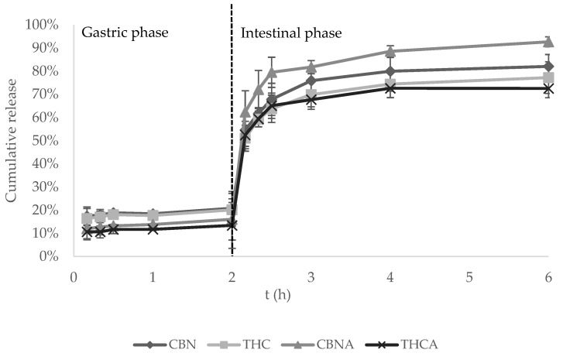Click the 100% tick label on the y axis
[39, 25]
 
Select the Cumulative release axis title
[12, 140]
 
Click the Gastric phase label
[125, 33]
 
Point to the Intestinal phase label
[291, 33]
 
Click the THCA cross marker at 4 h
[390, 88]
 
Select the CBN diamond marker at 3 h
[311, 81]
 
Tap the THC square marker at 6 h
[548, 77]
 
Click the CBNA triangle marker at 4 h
[390, 52]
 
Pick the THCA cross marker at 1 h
[153, 229]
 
